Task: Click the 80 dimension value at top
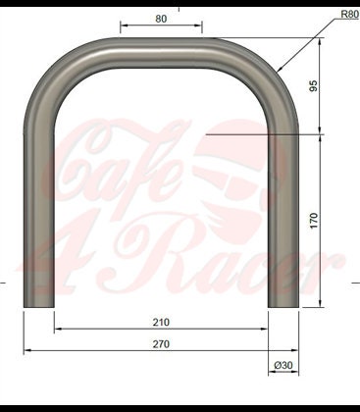tap(161, 18)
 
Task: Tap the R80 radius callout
tap(348, 15)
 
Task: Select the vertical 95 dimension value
tap(314, 85)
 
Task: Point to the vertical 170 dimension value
tap(314, 221)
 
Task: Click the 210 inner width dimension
tap(161, 321)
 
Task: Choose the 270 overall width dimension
tap(161, 343)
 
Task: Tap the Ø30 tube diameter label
tap(283, 366)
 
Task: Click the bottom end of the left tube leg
tap(38, 302)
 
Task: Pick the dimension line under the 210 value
tap(161, 330)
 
